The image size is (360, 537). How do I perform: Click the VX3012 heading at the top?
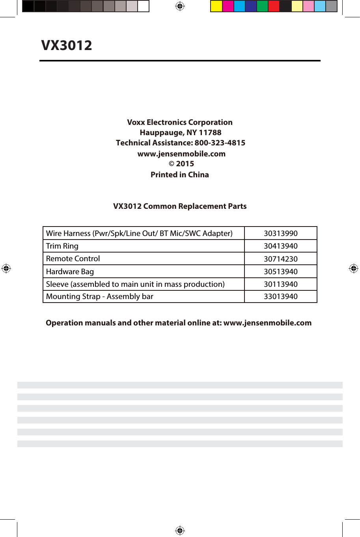(67, 45)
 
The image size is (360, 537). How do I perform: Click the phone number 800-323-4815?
(220, 143)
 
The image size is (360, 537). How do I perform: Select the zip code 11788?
(210, 132)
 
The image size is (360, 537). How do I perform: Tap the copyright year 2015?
(185, 164)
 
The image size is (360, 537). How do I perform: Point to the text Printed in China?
(179, 175)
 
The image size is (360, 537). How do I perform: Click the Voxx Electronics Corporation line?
(179, 122)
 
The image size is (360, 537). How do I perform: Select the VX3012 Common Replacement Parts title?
(179, 206)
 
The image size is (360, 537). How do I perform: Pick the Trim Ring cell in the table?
(62, 246)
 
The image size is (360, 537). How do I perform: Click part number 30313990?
(280, 233)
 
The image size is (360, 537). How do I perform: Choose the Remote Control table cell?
(73, 258)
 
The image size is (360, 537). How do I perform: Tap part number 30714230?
(280, 259)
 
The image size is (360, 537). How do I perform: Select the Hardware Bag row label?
(70, 271)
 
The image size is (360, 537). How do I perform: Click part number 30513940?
(280, 271)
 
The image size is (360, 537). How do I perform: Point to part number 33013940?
(280, 296)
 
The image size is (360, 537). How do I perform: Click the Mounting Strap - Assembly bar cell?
(99, 296)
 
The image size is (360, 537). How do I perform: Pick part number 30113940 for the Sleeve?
(280, 284)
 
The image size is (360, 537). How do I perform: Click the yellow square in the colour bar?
(216, 6)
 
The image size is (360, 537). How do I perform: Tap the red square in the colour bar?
(274, 6)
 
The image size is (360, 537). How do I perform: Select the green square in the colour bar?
(262, 6)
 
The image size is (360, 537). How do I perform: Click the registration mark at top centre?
(180, 6)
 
